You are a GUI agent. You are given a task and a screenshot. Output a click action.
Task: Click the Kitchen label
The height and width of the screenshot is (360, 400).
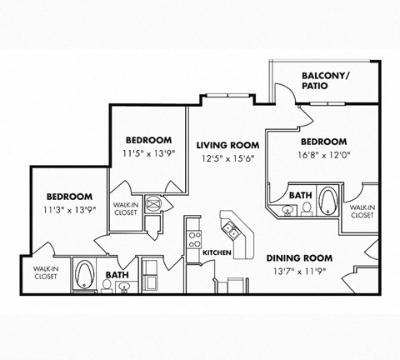(217, 251)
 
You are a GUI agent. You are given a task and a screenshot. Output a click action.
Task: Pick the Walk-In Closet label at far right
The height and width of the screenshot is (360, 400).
(362, 212)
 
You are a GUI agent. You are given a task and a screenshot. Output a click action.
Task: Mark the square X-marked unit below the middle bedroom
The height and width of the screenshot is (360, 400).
(155, 202)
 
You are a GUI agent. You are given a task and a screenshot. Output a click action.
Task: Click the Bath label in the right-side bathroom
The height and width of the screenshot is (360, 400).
(300, 194)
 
